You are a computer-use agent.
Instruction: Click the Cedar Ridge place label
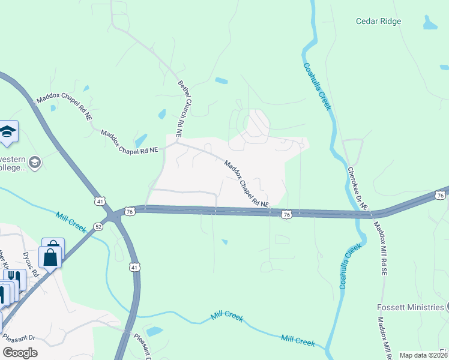378,21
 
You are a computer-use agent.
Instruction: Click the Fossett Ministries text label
411,307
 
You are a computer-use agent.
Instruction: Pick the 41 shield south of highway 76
134,266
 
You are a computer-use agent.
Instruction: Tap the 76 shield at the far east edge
440,196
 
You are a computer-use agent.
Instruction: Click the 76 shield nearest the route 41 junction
130,211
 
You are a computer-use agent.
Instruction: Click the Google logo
20,353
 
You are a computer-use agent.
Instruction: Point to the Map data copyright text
424,355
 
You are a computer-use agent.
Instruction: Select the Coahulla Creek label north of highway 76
318,86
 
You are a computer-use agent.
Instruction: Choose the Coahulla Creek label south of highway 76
351,266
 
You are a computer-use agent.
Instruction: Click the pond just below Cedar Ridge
430,23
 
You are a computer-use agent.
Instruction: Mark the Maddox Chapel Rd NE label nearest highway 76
247,183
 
